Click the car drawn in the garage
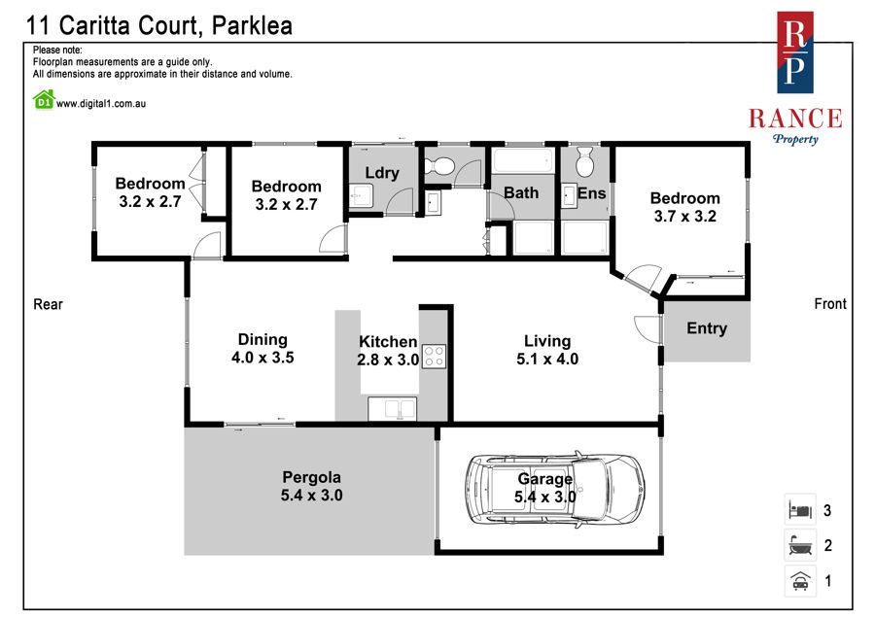(555, 489)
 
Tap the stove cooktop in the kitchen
(435, 357)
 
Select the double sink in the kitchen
(393, 408)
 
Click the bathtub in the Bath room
(523, 160)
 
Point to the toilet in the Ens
(584, 161)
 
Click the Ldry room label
(382, 173)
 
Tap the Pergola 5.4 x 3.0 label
(311, 486)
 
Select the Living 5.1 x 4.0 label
(547, 350)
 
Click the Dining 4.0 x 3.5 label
(262, 349)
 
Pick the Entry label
(707, 328)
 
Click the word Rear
(48, 304)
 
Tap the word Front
(830, 303)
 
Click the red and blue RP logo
(795, 52)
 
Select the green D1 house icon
(44, 100)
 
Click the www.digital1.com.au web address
(101, 103)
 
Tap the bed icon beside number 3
(800, 509)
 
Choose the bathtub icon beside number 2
(800, 545)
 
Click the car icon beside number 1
(800, 581)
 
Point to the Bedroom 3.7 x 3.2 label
(685, 207)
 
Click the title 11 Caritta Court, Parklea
(159, 25)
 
